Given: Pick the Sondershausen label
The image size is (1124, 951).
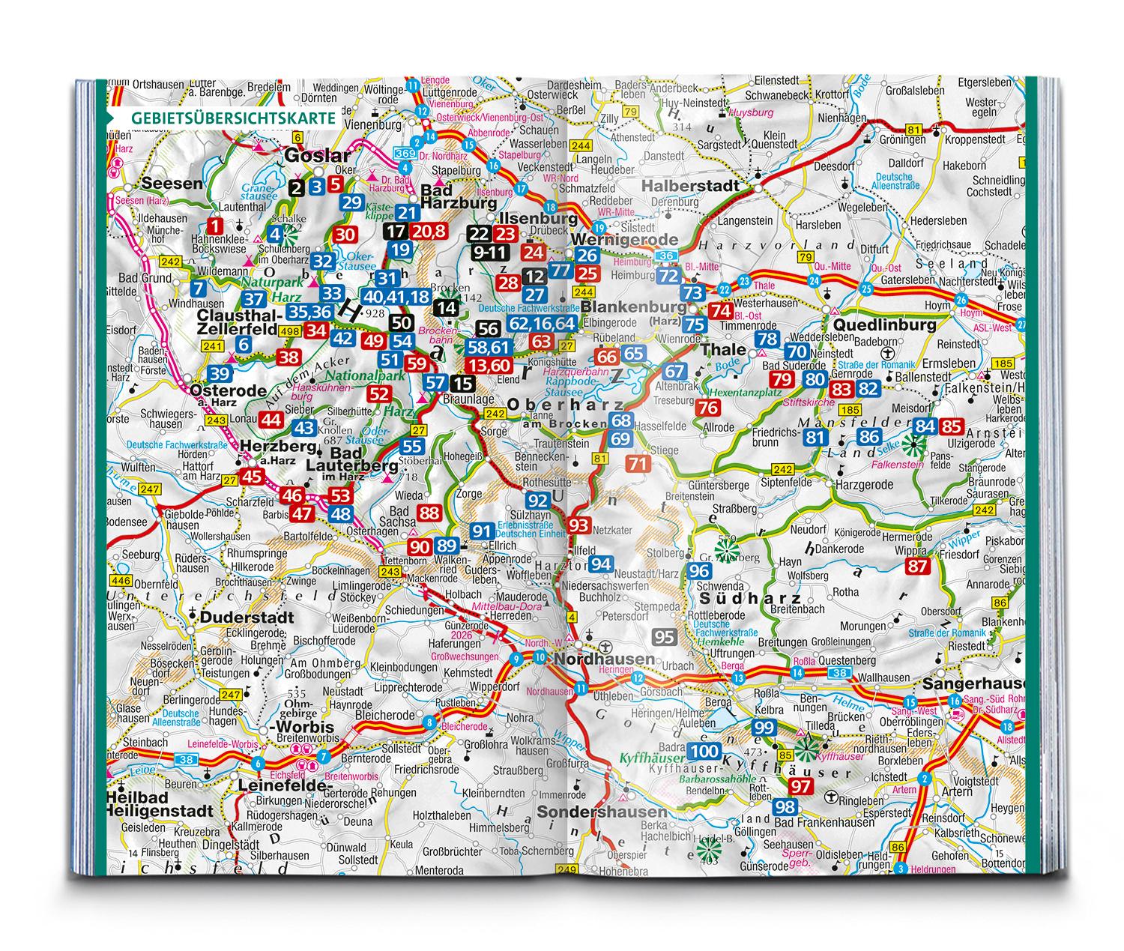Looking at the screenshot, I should tap(602, 812).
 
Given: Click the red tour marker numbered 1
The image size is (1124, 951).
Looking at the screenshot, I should tap(216, 225).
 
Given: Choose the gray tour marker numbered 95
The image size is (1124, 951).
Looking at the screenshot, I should tap(665, 638).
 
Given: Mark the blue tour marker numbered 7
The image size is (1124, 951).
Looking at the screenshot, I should tap(198, 288).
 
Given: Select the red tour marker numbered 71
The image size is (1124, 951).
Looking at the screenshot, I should tap(638, 464).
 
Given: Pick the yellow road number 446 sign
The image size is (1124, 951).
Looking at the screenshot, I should tap(120, 579).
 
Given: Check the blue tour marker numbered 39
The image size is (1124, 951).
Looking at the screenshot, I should tap(220, 374).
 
